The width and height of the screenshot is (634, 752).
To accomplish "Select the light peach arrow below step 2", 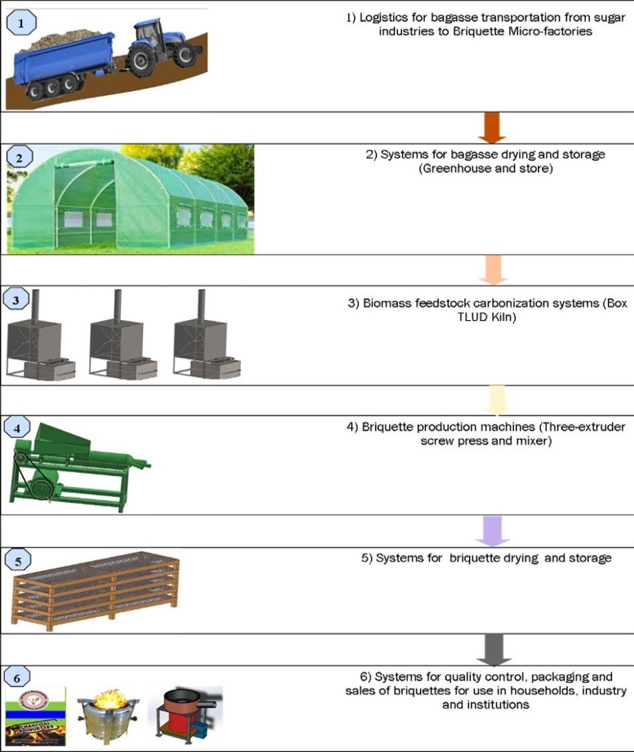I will [492, 270].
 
